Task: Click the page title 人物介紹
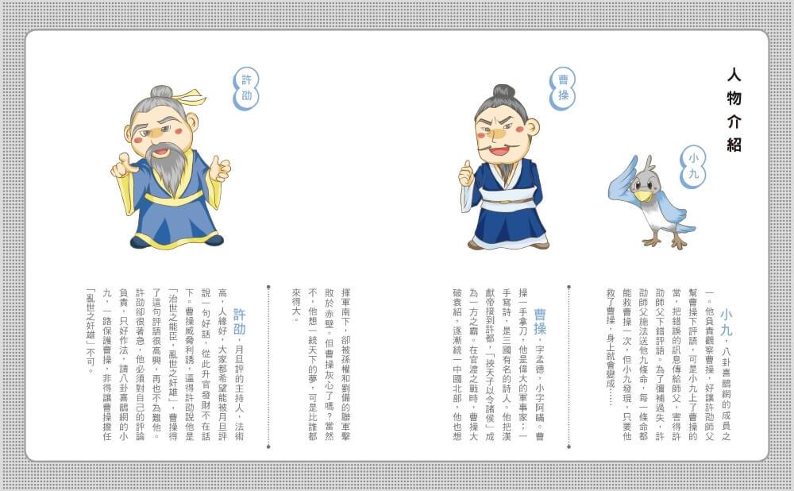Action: pyautogui.click(x=734, y=110)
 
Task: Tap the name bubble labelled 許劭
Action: pyautogui.click(x=246, y=88)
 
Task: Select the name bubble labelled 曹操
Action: pyautogui.click(x=563, y=88)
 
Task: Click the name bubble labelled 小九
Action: pyautogui.click(x=692, y=166)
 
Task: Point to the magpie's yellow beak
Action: pyautogui.click(x=644, y=195)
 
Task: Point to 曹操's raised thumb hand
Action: pyautogui.click(x=466, y=173)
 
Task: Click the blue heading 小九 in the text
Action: pyautogui.click(x=727, y=323)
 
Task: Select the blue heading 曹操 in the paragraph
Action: pyautogui.click(x=540, y=323)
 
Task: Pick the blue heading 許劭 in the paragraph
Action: pyautogui.click(x=239, y=323)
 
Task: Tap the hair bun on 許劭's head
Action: pyautogui.click(x=161, y=92)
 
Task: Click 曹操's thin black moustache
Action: pyautogui.click(x=499, y=146)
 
